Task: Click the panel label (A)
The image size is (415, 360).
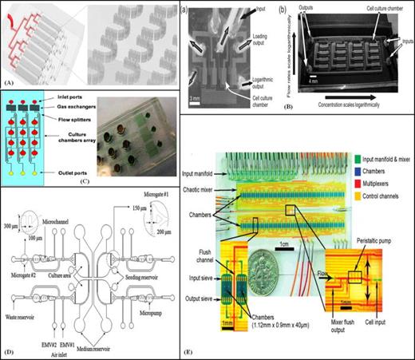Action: click(x=9, y=83)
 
